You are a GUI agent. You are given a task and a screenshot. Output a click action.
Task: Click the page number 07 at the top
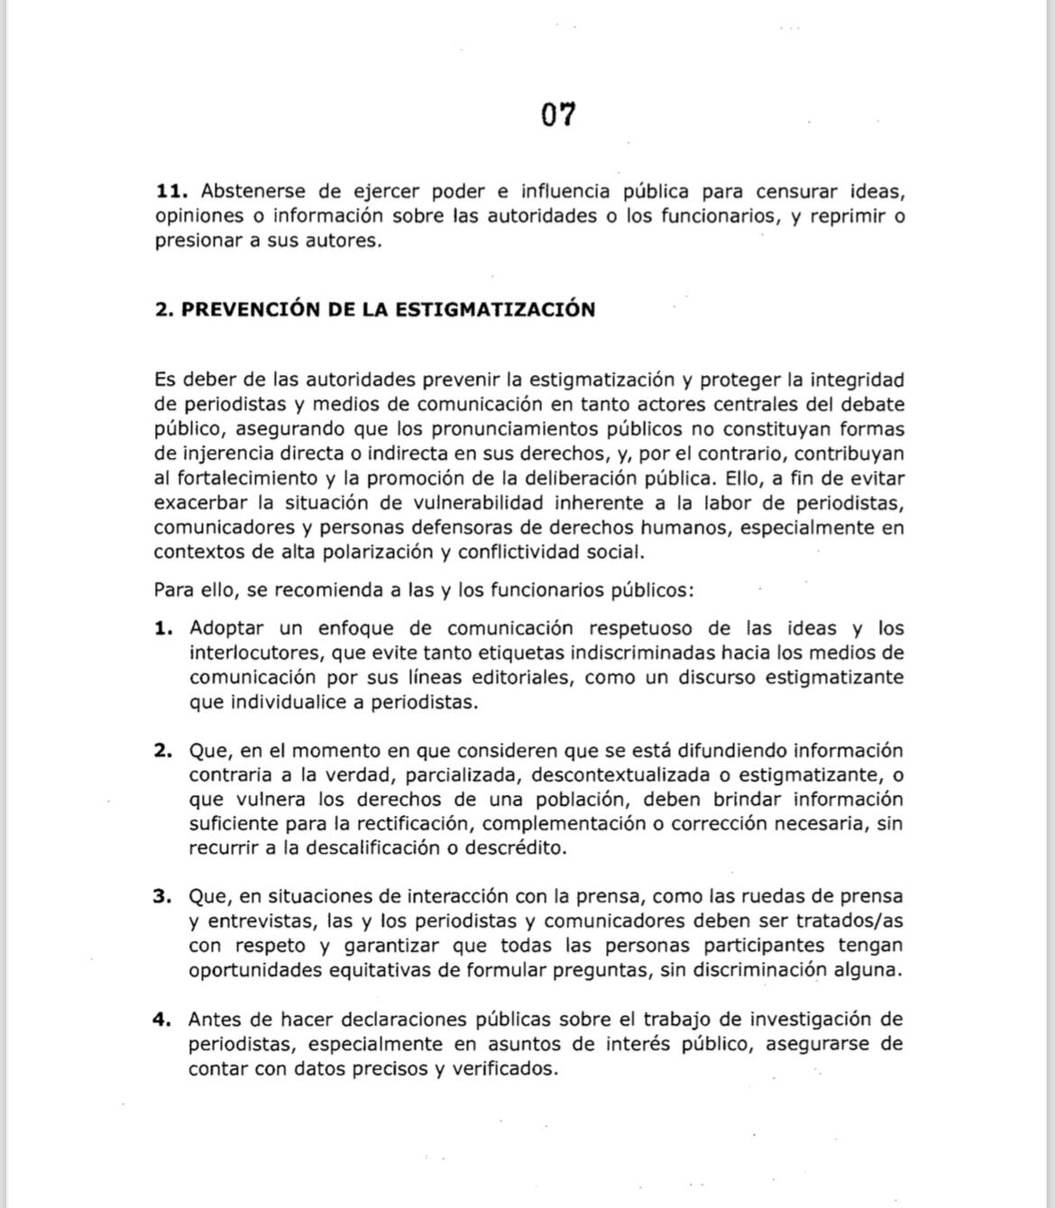pyautogui.click(x=558, y=114)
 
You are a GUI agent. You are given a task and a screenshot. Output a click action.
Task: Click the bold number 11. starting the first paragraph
pyautogui.click(x=171, y=191)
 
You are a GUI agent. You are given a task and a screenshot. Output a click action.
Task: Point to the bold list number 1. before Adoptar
pyautogui.click(x=163, y=628)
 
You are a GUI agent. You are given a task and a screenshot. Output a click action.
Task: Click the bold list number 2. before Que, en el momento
pyautogui.click(x=163, y=751)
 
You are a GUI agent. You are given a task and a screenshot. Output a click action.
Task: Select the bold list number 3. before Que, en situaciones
pyautogui.click(x=163, y=897)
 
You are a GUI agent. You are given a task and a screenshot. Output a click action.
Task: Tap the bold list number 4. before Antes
pyautogui.click(x=163, y=1020)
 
